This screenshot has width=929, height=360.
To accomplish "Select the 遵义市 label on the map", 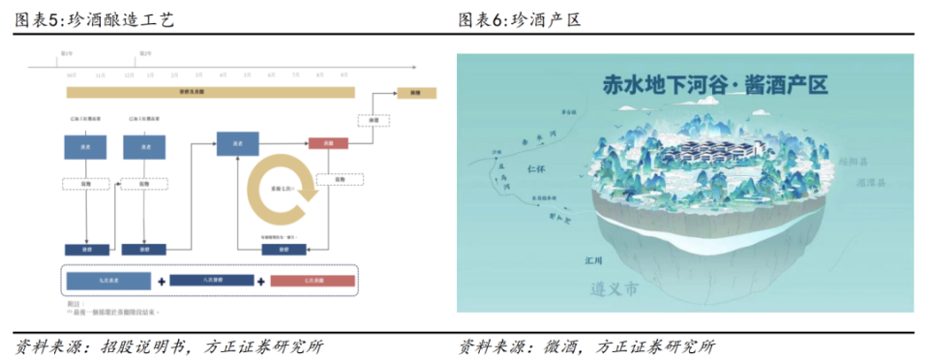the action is pos(614,288).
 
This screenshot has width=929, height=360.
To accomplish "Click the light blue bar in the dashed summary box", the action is pos(110,281).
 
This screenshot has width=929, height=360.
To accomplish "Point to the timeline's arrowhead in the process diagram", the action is pos(413,67).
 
